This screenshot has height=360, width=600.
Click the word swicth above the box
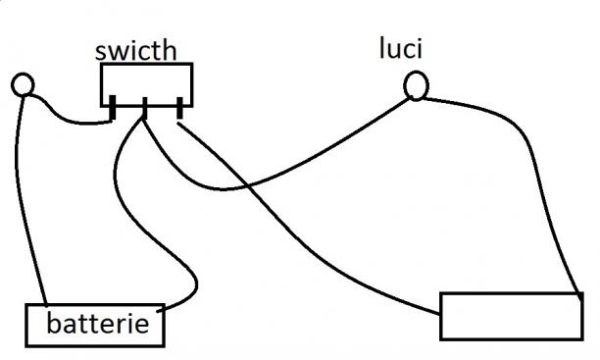[136, 51]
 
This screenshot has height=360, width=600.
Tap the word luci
[401, 48]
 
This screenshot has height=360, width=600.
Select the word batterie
[98, 324]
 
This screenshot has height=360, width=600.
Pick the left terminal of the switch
[113, 107]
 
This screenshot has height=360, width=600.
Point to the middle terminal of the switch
[145, 108]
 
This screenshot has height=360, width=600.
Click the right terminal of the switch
[179, 108]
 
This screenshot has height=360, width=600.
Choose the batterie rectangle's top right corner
[164, 305]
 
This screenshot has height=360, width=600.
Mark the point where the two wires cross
[248, 186]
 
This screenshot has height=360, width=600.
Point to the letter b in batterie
[53, 324]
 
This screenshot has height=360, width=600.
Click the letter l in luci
[381, 48]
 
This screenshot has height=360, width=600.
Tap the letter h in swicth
[170, 51]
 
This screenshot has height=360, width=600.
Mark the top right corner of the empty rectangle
[582, 293]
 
